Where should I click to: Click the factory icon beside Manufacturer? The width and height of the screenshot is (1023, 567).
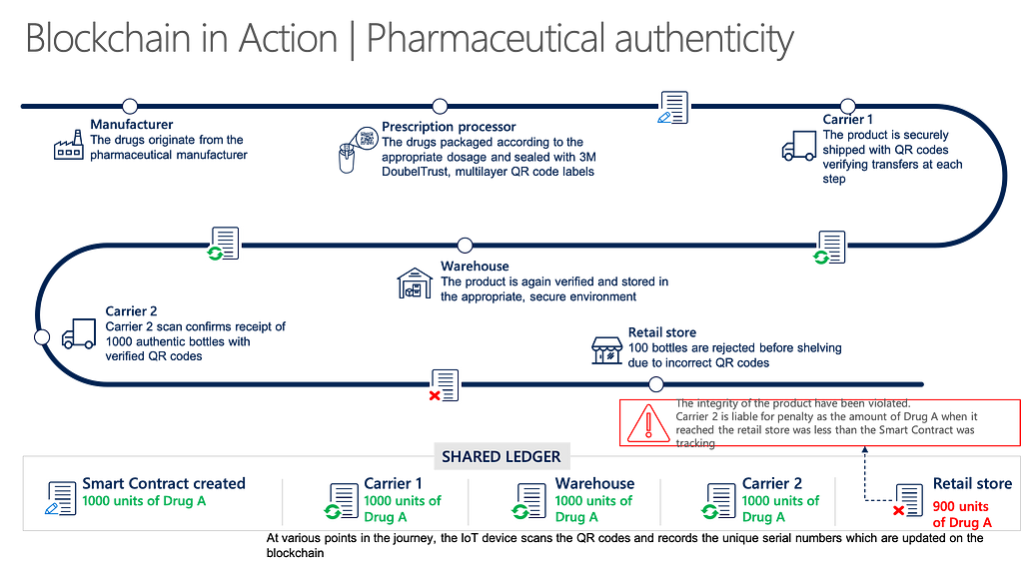pos(69,145)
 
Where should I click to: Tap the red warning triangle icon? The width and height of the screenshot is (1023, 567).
pos(647,423)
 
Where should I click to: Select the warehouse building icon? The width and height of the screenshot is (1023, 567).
pos(415,283)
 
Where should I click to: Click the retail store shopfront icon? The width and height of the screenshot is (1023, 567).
pos(606,350)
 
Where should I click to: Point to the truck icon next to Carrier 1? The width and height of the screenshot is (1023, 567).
pos(799,146)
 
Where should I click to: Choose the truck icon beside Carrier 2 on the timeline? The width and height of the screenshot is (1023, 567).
pos(79,333)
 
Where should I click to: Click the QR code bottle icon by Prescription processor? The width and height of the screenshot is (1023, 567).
pos(358,150)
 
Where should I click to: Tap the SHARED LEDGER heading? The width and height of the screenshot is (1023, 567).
pos(502,457)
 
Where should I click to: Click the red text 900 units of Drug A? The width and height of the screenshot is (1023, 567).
pos(962,514)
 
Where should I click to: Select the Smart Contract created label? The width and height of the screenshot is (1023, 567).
pos(164,483)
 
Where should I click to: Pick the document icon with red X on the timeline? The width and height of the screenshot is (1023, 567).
pos(445,385)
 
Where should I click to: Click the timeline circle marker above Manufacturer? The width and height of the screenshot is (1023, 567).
pos(130,106)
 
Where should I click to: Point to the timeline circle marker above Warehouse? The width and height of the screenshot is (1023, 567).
pos(465,245)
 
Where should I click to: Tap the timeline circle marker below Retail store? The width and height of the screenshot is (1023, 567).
pos(655,384)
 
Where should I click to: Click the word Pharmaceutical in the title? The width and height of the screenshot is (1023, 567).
pos(486,39)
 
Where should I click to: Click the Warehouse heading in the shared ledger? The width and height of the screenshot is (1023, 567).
pos(595,483)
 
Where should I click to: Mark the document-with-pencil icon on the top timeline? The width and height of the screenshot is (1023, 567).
pos(673,108)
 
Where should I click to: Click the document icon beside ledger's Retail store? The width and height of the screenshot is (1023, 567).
pos(908,500)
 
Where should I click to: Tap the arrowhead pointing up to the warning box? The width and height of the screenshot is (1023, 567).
pos(864,449)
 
